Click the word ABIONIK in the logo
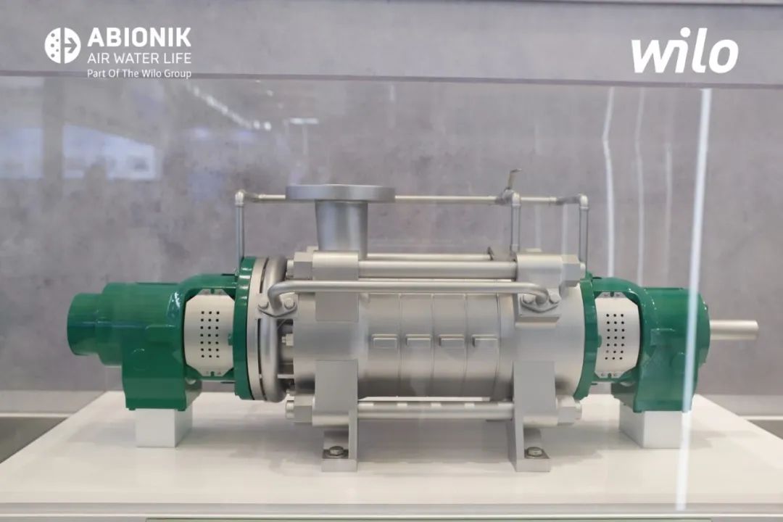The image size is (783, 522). [138, 38]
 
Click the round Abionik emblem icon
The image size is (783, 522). [62, 46]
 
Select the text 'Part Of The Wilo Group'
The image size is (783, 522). [138, 73]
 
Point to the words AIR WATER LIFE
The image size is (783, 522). [138, 59]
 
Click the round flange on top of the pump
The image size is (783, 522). [340, 194]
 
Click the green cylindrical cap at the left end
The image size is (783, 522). [85, 322]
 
